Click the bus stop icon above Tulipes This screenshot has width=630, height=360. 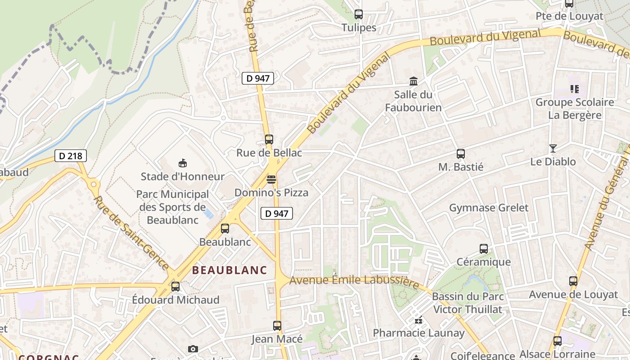click(x=358, y=14)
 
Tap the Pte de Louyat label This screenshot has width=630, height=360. click(x=569, y=16)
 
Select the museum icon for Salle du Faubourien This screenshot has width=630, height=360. click(x=413, y=81)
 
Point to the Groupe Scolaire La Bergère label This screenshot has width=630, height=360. click(x=575, y=108)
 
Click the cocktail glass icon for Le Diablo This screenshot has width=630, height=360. click(x=553, y=148)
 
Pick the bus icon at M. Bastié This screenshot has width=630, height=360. click(x=460, y=154)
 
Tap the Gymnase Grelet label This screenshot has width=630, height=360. click(x=489, y=208)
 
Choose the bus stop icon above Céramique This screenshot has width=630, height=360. click(x=483, y=249)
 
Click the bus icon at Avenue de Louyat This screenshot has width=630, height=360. click(x=573, y=281)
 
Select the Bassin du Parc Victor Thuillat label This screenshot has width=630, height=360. click(x=468, y=303)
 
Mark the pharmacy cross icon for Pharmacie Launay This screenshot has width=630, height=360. click(x=418, y=320)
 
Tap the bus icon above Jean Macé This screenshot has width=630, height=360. click(x=277, y=326)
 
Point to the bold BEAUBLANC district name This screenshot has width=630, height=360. click(x=229, y=270)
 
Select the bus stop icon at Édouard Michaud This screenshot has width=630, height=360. click(x=175, y=287)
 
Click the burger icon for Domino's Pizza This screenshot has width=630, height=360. click(x=271, y=180)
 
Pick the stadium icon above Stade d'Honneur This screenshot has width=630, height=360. click(x=182, y=163)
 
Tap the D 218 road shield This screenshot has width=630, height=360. click(x=71, y=156)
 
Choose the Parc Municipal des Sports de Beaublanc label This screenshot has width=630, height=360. click(x=172, y=207)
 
